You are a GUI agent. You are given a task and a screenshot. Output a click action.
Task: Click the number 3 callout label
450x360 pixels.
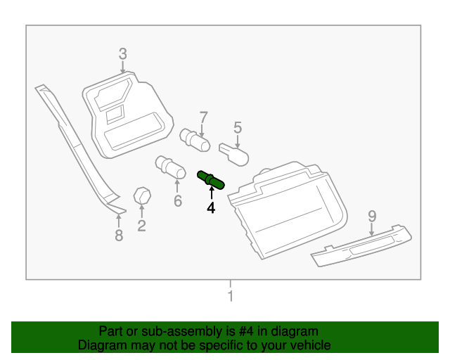click(122, 53)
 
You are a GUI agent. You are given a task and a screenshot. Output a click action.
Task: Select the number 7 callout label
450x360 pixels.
click(203, 117)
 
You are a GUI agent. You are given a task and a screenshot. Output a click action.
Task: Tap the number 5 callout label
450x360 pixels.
click(238, 127)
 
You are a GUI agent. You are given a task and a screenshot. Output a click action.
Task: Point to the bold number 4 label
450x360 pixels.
click(210, 207)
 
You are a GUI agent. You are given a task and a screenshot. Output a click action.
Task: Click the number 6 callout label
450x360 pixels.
click(178, 202)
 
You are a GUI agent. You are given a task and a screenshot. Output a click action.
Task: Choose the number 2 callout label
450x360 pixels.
click(141, 225)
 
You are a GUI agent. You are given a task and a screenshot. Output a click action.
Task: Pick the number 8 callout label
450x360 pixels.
click(119, 236)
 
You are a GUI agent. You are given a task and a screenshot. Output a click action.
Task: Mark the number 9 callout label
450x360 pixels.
click(372, 216)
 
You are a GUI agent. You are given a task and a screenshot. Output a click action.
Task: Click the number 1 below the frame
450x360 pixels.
click(229, 296)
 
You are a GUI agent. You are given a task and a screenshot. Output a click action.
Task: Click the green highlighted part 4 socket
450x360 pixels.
click(211, 180)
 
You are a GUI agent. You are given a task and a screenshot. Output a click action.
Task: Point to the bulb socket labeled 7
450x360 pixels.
click(195, 139)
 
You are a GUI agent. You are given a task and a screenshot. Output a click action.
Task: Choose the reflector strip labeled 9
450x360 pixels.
click(361, 245)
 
